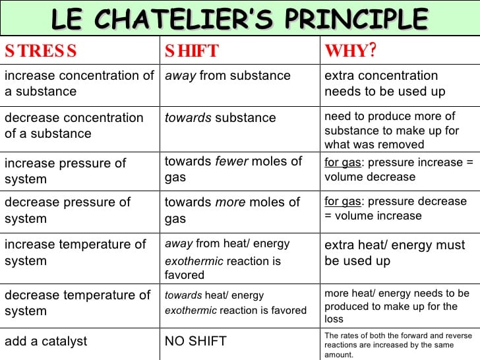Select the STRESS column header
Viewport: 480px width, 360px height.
(41, 51)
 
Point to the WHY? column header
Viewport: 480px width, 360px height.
(350, 51)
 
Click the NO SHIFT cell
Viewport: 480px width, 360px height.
(195, 341)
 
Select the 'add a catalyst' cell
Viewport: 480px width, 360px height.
(45, 341)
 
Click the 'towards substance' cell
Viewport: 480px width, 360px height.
(220, 118)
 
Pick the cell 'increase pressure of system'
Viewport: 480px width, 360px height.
(65, 171)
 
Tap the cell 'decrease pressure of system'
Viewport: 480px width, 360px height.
(68, 210)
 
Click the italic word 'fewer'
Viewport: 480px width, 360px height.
(231, 161)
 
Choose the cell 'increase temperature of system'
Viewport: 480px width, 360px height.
(75, 252)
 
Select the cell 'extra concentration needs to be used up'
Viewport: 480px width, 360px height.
(384, 84)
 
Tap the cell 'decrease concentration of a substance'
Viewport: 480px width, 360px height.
(74, 125)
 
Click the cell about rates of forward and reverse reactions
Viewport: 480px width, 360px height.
(398, 345)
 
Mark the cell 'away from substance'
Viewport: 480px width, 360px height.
(227, 76)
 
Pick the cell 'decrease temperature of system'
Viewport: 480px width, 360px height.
(78, 303)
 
